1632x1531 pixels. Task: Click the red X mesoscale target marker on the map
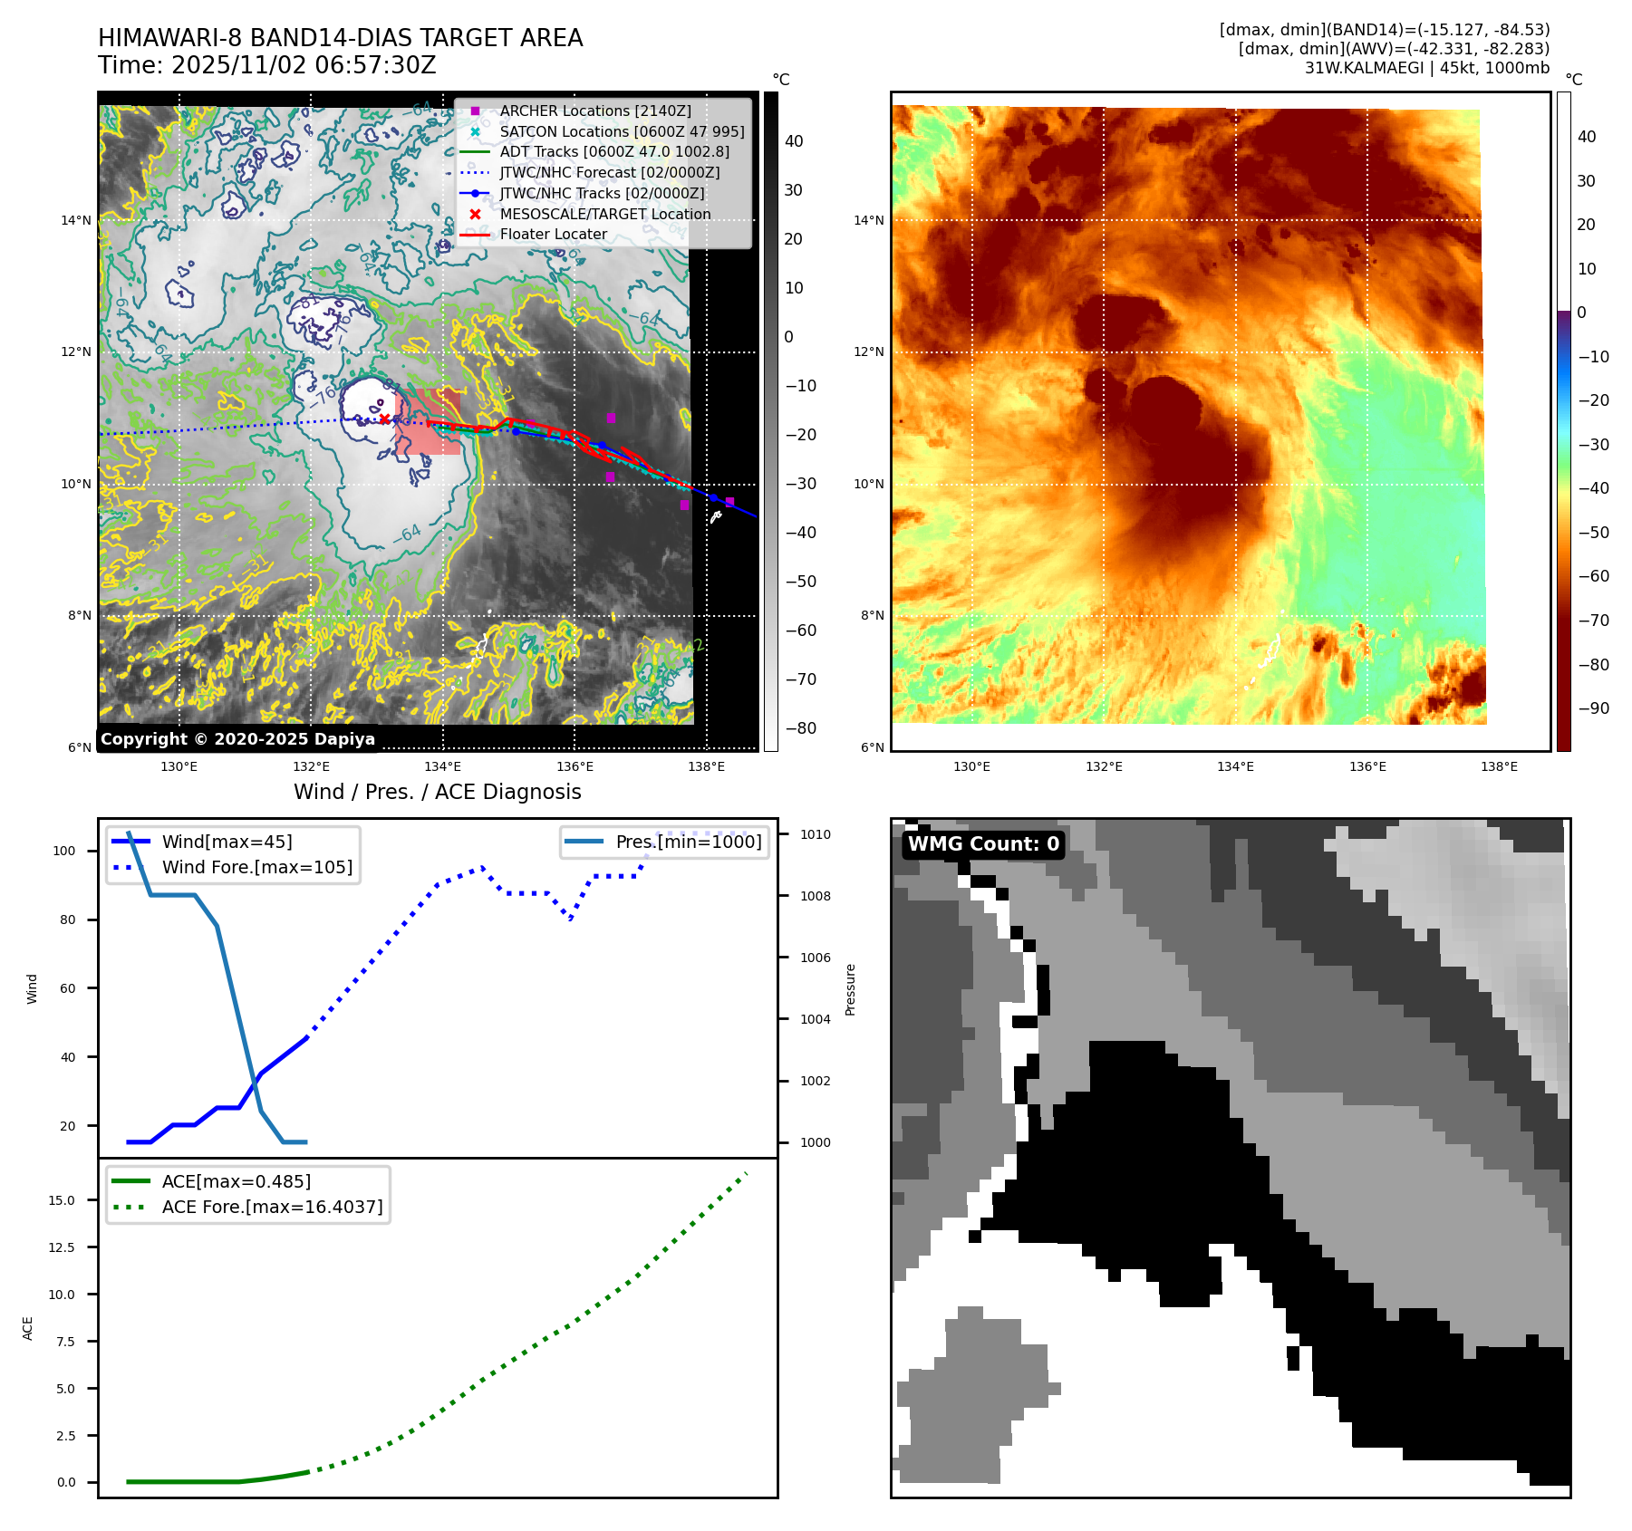[x=384, y=419]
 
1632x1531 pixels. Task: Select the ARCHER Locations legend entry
[x=594, y=111]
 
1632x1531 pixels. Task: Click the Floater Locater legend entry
[x=553, y=234]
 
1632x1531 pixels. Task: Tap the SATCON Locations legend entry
[x=622, y=131]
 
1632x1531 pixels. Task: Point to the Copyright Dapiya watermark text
[x=237, y=739]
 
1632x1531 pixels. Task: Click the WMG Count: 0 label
[x=983, y=844]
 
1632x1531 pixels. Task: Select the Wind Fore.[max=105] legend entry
[x=256, y=867]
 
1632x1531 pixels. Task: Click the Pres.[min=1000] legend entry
[x=688, y=842]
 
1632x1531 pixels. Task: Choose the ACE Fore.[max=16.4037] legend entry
[x=272, y=1207]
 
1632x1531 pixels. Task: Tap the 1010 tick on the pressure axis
[x=815, y=834]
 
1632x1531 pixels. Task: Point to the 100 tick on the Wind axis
[x=64, y=851]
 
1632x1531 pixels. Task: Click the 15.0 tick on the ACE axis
[x=62, y=1200]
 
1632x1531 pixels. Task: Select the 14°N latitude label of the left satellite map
[x=76, y=220]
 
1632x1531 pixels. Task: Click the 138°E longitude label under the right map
[x=1499, y=766]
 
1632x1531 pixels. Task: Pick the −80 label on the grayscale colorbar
[x=800, y=728]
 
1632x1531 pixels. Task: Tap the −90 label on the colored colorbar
[x=1593, y=708]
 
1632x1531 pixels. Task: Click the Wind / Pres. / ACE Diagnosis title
[x=437, y=792]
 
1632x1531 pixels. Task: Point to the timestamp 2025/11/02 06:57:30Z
[x=304, y=65]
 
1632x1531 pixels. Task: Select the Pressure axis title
[x=850, y=989]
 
